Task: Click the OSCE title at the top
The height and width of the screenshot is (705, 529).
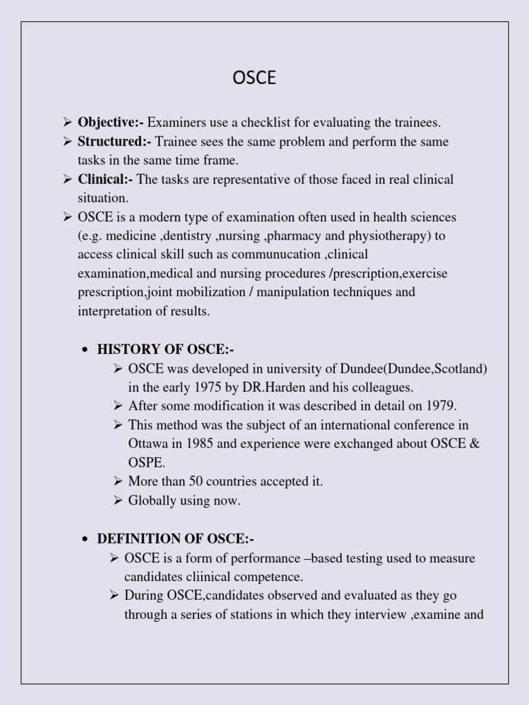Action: coord(254,78)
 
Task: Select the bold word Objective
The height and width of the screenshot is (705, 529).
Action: coord(108,123)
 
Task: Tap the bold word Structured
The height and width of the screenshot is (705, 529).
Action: coord(112,142)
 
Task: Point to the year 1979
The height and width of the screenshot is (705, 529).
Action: coord(443,406)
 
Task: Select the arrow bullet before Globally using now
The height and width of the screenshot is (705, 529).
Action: coord(118,501)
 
